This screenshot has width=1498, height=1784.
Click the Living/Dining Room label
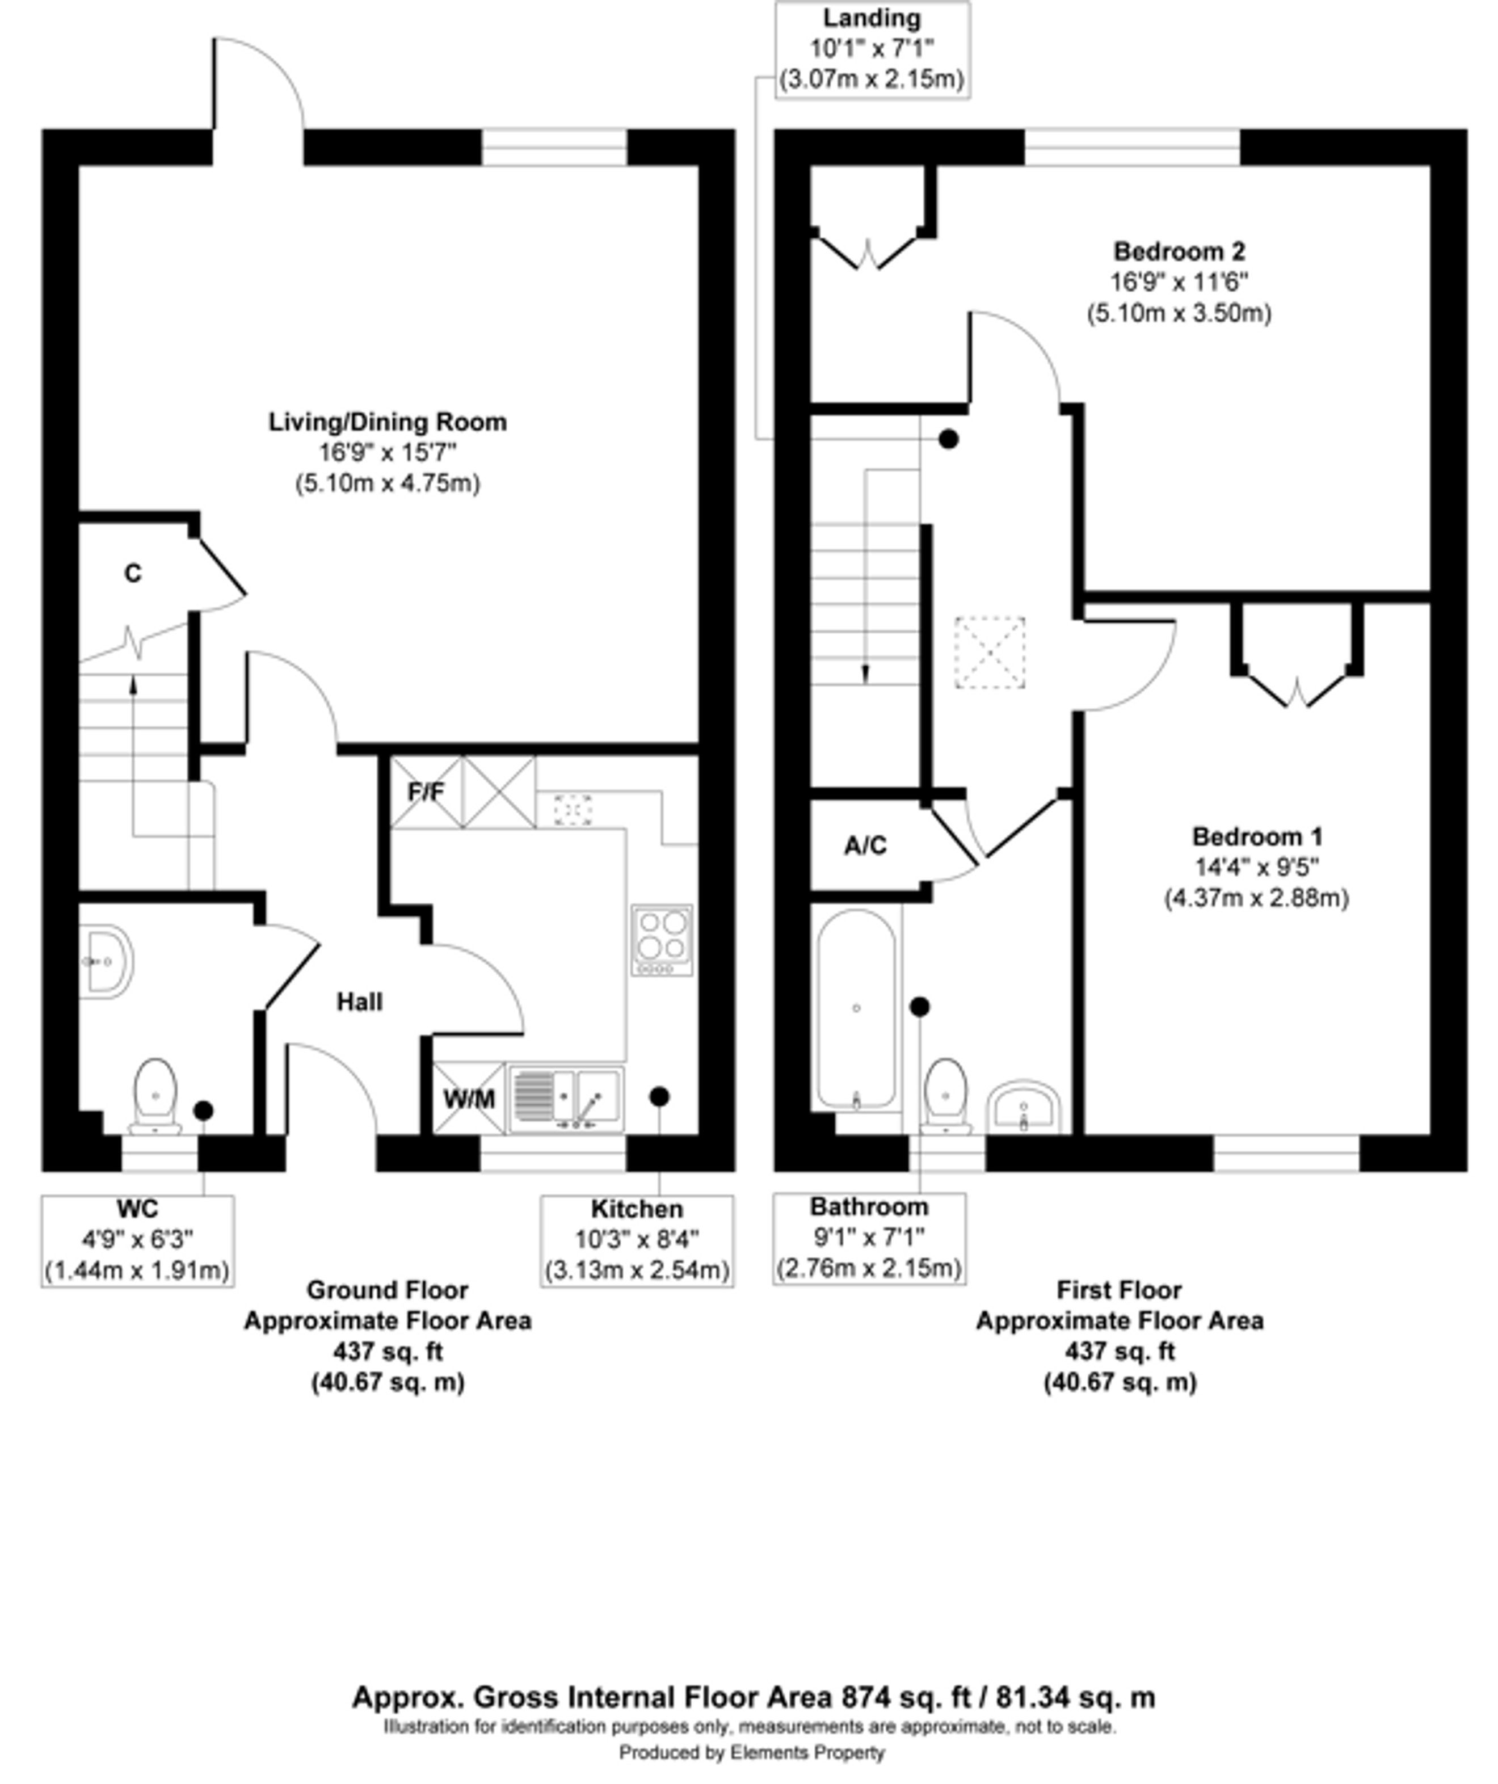[x=388, y=422]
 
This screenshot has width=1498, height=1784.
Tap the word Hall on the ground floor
[x=359, y=1003]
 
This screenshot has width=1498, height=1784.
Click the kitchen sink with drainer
[x=565, y=1099]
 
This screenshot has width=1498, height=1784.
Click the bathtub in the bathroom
[x=856, y=1009]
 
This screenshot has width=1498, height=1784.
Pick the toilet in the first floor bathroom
[x=946, y=1096]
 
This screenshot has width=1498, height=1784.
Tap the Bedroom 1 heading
[x=1257, y=837]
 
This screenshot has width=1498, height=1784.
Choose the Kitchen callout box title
[x=637, y=1209]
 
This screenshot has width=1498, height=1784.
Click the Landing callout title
[x=872, y=18]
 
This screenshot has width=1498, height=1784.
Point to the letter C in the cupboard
[x=133, y=574]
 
